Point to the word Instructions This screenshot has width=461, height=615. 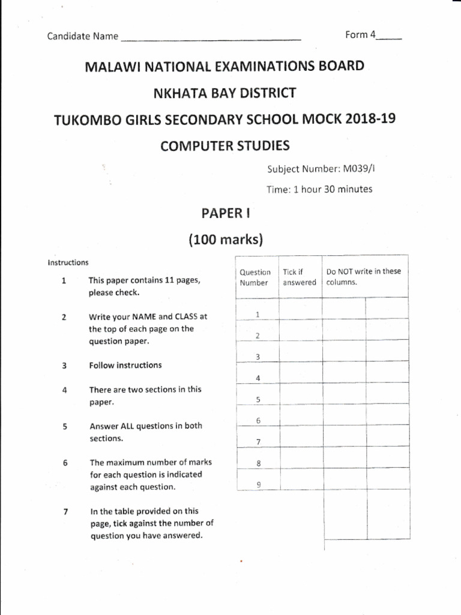(x=68, y=262)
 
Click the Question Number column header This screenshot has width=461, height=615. (x=256, y=277)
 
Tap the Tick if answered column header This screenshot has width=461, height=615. (x=300, y=277)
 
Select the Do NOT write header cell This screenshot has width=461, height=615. (x=363, y=276)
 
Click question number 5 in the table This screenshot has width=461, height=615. (x=258, y=400)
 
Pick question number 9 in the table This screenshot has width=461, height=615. (x=258, y=485)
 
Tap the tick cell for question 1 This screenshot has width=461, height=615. (x=300, y=309)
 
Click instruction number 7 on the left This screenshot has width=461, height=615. (x=65, y=512)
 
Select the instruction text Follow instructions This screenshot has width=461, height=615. (x=125, y=365)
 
